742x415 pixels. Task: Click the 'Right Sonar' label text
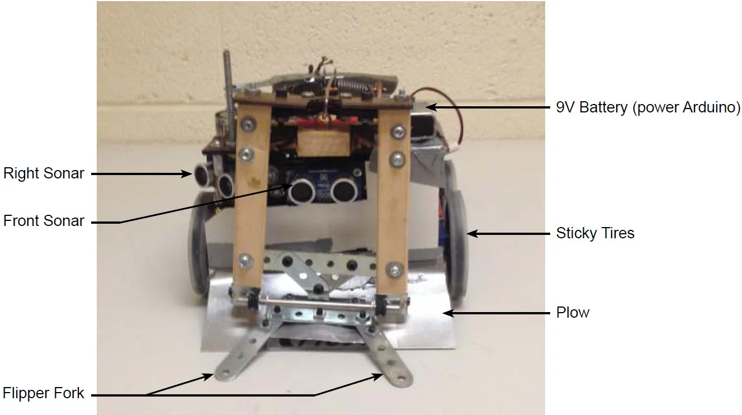[x=44, y=173]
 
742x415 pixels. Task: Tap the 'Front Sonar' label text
[x=44, y=221]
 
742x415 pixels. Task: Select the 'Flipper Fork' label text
[x=44, y=393]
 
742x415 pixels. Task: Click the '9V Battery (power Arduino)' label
[x=648, y=107]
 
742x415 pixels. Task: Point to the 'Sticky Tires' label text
[x=595, y=233]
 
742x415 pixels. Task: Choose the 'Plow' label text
[x=573, y=312]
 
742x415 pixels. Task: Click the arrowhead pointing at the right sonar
[x=189, y=174]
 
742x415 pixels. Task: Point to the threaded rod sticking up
[x=228, y=78]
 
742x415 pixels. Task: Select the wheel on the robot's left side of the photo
[x=199, y=246]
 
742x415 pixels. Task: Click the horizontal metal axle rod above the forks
[x=319, y=304]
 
